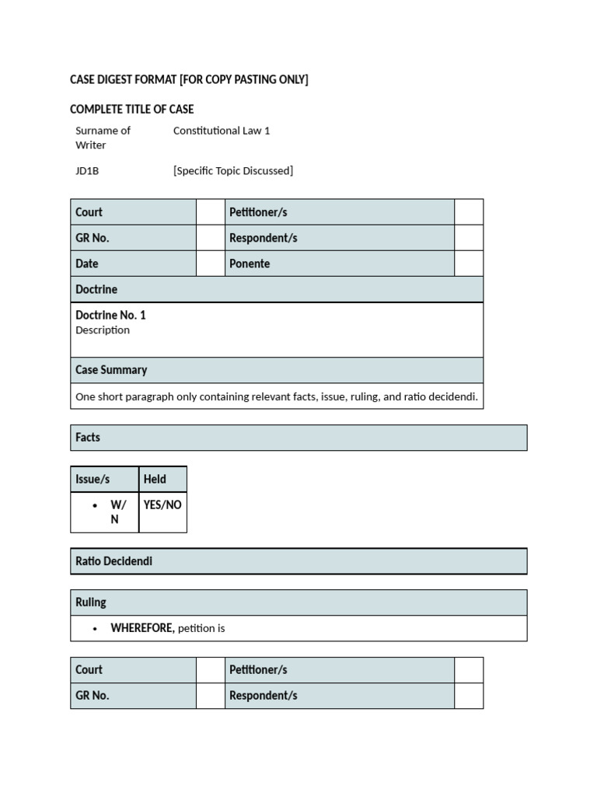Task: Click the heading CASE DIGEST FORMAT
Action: click(189, 80)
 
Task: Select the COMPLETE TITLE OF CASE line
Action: click(131, 109)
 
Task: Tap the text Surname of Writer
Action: click(103, 138)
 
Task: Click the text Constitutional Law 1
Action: click(222, 131)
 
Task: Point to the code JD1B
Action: click(87, 171)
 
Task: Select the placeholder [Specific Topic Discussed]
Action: click(233, 171)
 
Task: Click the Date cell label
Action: click(87, 264)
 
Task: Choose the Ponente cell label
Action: click(250, 264)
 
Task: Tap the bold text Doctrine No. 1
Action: click(110, 315)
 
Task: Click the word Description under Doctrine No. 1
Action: click(103, 330)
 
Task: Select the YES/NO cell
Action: click(162, 505)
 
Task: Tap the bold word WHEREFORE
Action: click(142, 628)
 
